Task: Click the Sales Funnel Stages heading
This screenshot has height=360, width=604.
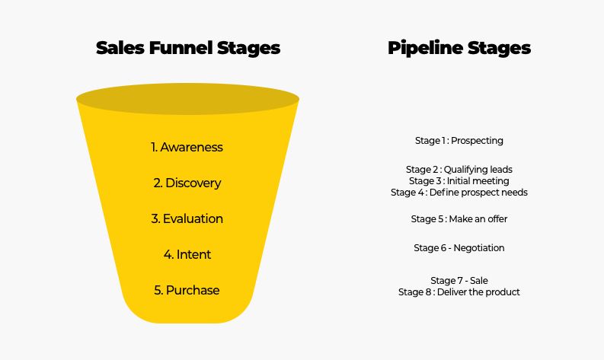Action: pyautogui.click(x=188, y=48)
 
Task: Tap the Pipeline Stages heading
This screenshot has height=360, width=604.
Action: pyautogui.click(x=459, y=48)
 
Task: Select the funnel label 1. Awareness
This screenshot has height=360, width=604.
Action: pyautogui.click(x=187, y=147)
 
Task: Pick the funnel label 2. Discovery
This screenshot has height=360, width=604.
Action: pyautogui.click(x=187, y=183)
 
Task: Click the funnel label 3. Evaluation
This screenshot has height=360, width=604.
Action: pyautogui.click(x=187, y=218)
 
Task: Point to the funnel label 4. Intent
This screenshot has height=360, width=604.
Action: pyautogui.click(x=187, y=254)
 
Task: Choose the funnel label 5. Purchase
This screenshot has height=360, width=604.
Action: pyautogui.click(x=187, y=290)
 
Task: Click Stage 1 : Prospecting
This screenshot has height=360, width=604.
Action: pyautogui.click(x=459, y=141)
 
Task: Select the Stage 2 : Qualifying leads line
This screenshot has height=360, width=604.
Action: pyautogui.click(x=459, y=169)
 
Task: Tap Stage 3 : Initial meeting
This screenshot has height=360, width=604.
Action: pyautogui.click(x=459, y=181)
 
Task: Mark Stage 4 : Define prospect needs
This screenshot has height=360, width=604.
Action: pyautogui.click(x=459, y=193)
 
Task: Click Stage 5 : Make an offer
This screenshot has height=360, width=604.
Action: pyautogui.click(x=459, y=219)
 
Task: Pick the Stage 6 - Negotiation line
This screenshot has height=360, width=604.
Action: pyautogui.click(x=459, y=248)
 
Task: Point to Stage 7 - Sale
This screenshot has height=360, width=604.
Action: pyautogui.click(x=459, y=281)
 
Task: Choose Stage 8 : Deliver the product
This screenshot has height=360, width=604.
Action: pyautogui.click(x=459, y=292)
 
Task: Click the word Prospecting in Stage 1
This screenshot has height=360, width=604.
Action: pyautogui.click(x=478, y=141)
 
